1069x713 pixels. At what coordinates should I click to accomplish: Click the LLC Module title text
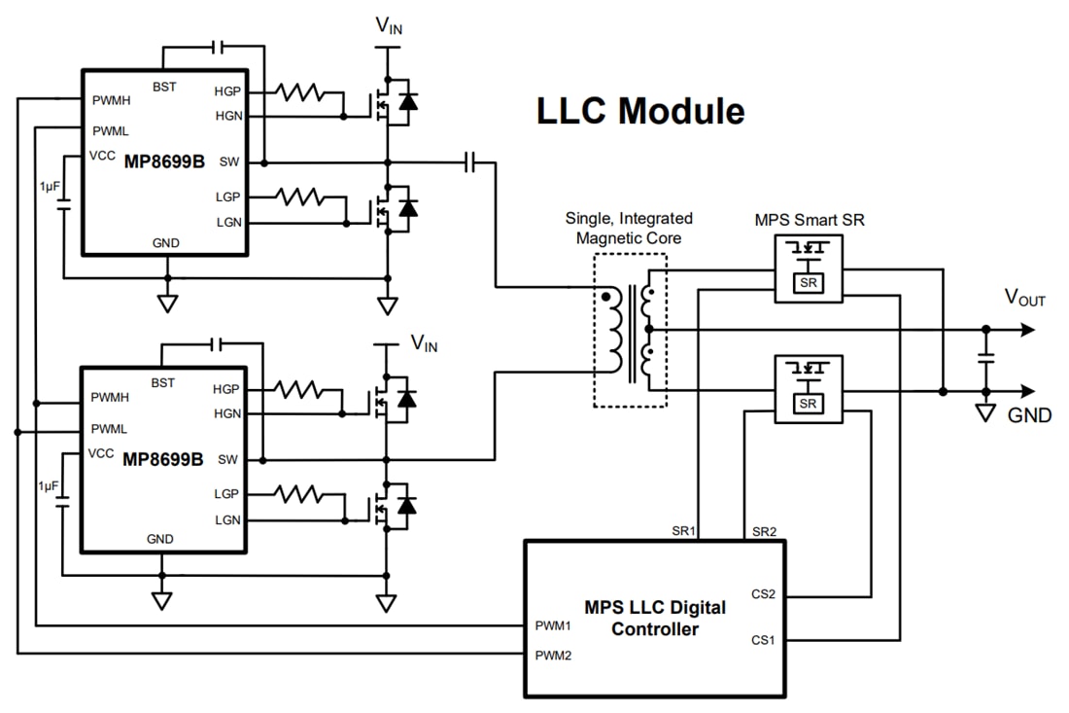(x=640, y=112)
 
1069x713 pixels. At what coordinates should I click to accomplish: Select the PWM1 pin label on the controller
(x=553, y=624)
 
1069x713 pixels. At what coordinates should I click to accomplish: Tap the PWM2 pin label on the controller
(x=553, y=655)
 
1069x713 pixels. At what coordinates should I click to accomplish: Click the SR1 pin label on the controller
(x=685, y=532)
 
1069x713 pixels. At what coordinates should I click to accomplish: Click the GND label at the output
(x=1029, y=416)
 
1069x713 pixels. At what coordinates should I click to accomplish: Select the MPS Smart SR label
(x=810, y=220)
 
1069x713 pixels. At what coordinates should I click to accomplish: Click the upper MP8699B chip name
(x=164, y=161)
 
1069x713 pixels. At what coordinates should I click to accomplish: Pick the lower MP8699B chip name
(x=163, y=459)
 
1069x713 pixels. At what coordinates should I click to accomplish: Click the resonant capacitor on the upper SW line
(x=470, y=161)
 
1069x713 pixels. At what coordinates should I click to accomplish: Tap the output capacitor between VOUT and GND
(x=985, y=360)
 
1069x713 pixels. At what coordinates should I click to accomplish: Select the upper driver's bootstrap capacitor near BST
(x=218, y=46)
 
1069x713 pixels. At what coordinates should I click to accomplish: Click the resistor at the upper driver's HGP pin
(x=298, y=92)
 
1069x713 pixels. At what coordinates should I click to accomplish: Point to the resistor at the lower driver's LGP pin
(x=298, y=495)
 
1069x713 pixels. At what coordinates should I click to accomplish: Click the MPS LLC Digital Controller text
(x=654, y=619)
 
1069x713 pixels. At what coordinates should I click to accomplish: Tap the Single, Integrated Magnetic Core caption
(x=629, y=228)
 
